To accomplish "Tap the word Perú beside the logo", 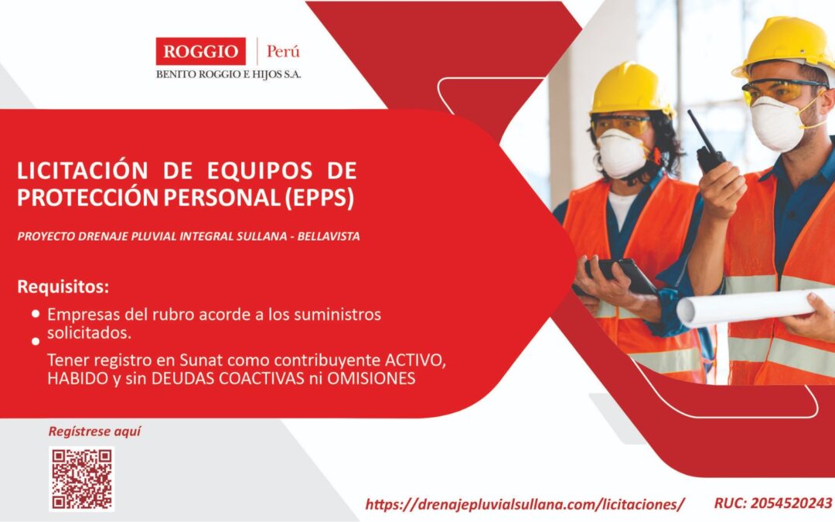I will tap(283, 52).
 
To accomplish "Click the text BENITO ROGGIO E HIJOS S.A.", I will tap(229, 74).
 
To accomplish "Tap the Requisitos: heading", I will tap(63, 287).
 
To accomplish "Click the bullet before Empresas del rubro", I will tap(36, 314).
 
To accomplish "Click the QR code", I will tap(83, 479).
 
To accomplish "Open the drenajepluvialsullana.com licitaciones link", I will tap(525, 504).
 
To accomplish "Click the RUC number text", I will tap(773, 503).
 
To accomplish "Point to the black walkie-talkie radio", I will tap(707, 147).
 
